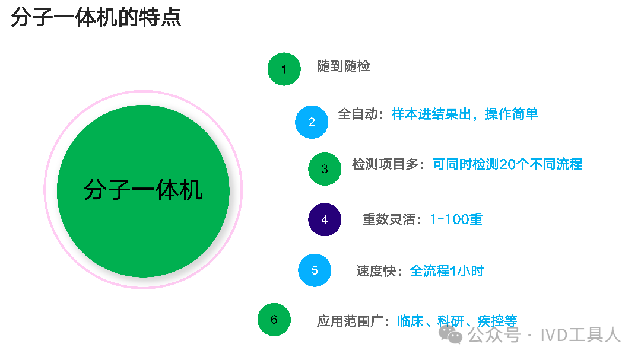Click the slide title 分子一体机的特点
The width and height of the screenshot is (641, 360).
[96, 18]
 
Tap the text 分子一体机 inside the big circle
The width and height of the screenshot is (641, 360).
[143, 190]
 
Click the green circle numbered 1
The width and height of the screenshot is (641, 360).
[284, 69]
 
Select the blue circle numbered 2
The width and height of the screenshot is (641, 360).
[312, 122]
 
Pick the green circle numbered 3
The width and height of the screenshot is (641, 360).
[325, 169]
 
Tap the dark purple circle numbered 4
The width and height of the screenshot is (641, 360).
[325, 219]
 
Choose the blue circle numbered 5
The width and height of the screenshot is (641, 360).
[315, 270]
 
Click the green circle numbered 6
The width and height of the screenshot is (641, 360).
[274, 320]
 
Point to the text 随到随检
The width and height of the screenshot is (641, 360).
[344, 66]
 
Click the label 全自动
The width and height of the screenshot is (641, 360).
[358, 114]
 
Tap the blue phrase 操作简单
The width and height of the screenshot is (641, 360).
[512, 114]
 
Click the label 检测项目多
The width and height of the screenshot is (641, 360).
[385, 164]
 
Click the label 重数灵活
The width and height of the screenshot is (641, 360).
[389, 219]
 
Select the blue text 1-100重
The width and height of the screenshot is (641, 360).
[456, 219]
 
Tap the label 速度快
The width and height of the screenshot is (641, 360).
[376, 271]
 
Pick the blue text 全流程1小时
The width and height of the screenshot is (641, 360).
[446, 271]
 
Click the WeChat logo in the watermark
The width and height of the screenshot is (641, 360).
[450, 334]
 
